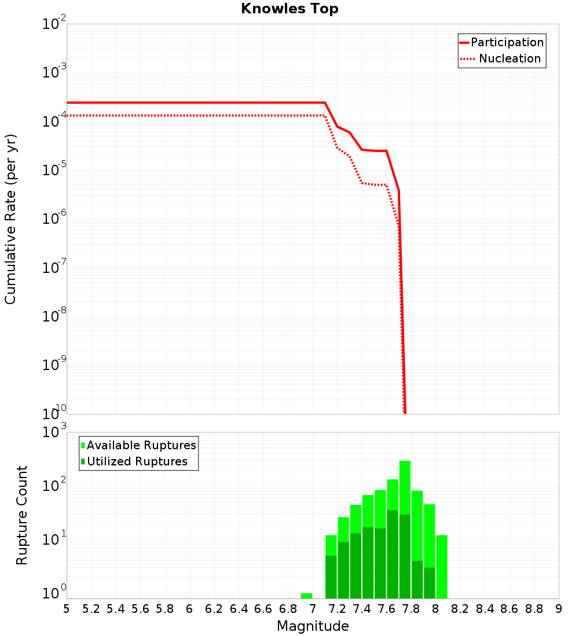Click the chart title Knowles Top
[x=289, y=9]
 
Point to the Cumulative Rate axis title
[x=10, y=219]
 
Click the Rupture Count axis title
[x=22, y=515]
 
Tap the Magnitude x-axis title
[x=313, y=626]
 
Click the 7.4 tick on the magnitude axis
[x=362, y=609]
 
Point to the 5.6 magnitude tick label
[x=140, y=609]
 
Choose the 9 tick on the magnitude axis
[x=559, y=609]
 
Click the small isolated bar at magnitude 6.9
[x=306, y=596]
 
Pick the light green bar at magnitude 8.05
[x=442, y=567]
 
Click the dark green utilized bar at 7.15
[x=331, y=577]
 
